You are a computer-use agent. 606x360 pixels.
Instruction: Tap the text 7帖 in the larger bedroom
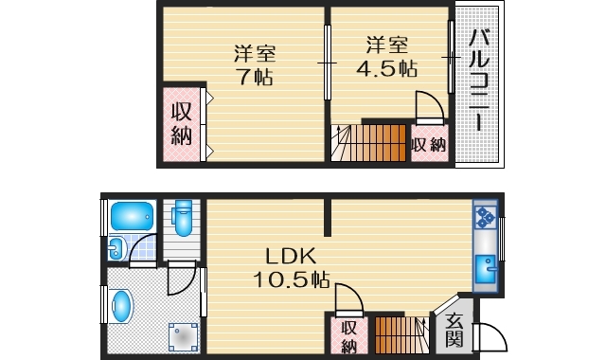coord(255,78)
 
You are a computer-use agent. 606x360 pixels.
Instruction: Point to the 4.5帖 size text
coord(388,68)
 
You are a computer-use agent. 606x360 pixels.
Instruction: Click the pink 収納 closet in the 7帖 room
coord(182,124)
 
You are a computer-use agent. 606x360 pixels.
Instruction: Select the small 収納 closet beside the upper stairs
coord(429,145)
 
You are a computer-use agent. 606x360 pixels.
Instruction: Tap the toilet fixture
coord(184,220)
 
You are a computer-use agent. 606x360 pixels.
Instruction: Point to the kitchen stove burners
coord(485,217)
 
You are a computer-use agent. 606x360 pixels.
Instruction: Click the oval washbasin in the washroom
coord(121,305)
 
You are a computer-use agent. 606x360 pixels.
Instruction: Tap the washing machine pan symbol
coord(183,335)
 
